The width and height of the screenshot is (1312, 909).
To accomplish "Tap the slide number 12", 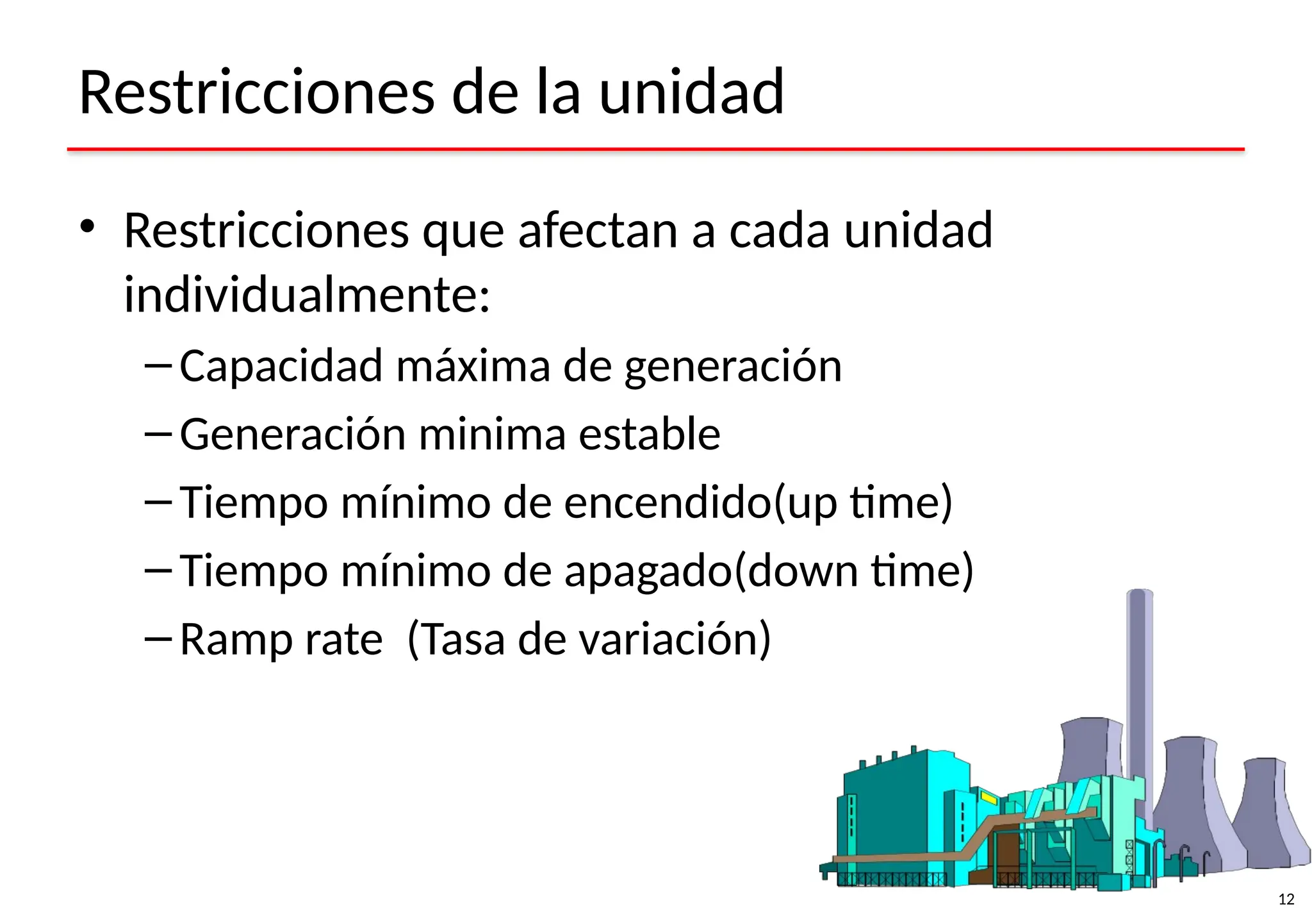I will pos(1286,899).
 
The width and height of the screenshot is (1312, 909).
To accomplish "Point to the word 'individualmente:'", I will pos(307,296).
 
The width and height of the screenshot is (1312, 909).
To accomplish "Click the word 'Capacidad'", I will pos(281,366).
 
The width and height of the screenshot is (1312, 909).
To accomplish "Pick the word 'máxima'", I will pos(473,366).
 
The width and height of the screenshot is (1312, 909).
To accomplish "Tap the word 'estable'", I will pos(650,434).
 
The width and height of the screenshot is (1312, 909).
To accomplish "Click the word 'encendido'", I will pos(668,502).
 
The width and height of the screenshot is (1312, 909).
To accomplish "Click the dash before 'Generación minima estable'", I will pos(158,435).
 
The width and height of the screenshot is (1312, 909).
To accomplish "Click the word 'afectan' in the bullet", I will pos(598,230).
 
